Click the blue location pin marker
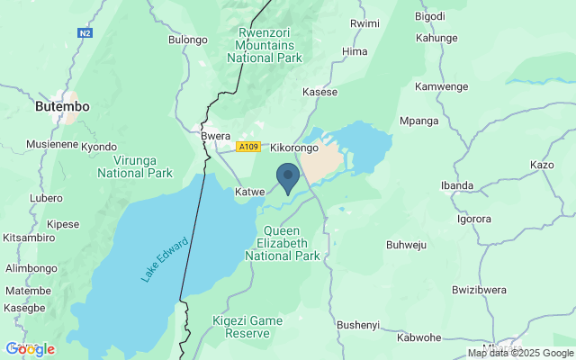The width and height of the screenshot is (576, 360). (x=287, y=176)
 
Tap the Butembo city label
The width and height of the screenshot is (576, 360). (x=62, y=106)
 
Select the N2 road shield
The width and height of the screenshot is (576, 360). (x=85, y=32)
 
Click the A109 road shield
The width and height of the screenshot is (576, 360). (x=248, y=146)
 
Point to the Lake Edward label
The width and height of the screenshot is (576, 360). (x=165, y=260)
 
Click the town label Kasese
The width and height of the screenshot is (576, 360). (x=319, y=92)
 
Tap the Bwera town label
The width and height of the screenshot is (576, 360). (x=216, y=136)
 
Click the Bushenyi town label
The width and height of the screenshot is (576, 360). (x=358, y=324)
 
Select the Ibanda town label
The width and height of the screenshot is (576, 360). (x=456, y=185)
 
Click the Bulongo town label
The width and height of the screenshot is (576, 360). (x=188, y=40)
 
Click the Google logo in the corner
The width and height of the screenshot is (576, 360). (x=30, y=348)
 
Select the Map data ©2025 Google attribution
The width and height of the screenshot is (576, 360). (x=520, y=353)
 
